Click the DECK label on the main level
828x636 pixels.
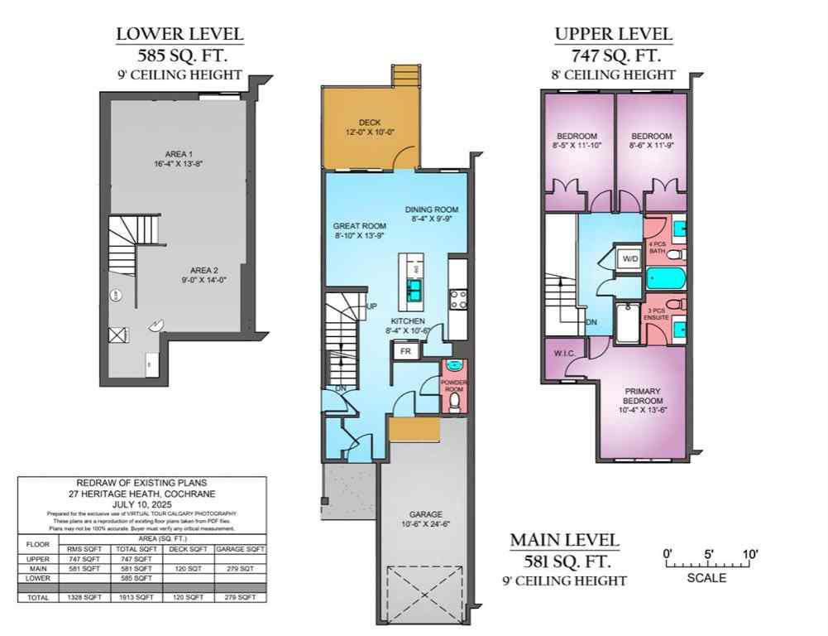[369, 122]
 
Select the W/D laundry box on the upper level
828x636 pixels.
[631, 258]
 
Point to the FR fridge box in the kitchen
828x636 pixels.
[406, 350]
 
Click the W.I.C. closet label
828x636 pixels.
[564, 354]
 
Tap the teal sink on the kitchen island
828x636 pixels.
[413, 288]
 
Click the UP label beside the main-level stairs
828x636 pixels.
[372, 306]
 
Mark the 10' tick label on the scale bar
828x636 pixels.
[750, 554]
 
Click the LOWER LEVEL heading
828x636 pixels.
[179, 34]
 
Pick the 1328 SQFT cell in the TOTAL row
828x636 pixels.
[84, 597]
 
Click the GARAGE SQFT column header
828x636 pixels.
[240, 549]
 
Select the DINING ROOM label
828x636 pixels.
[431, 210]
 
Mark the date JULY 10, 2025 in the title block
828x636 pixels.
[141, 503]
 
